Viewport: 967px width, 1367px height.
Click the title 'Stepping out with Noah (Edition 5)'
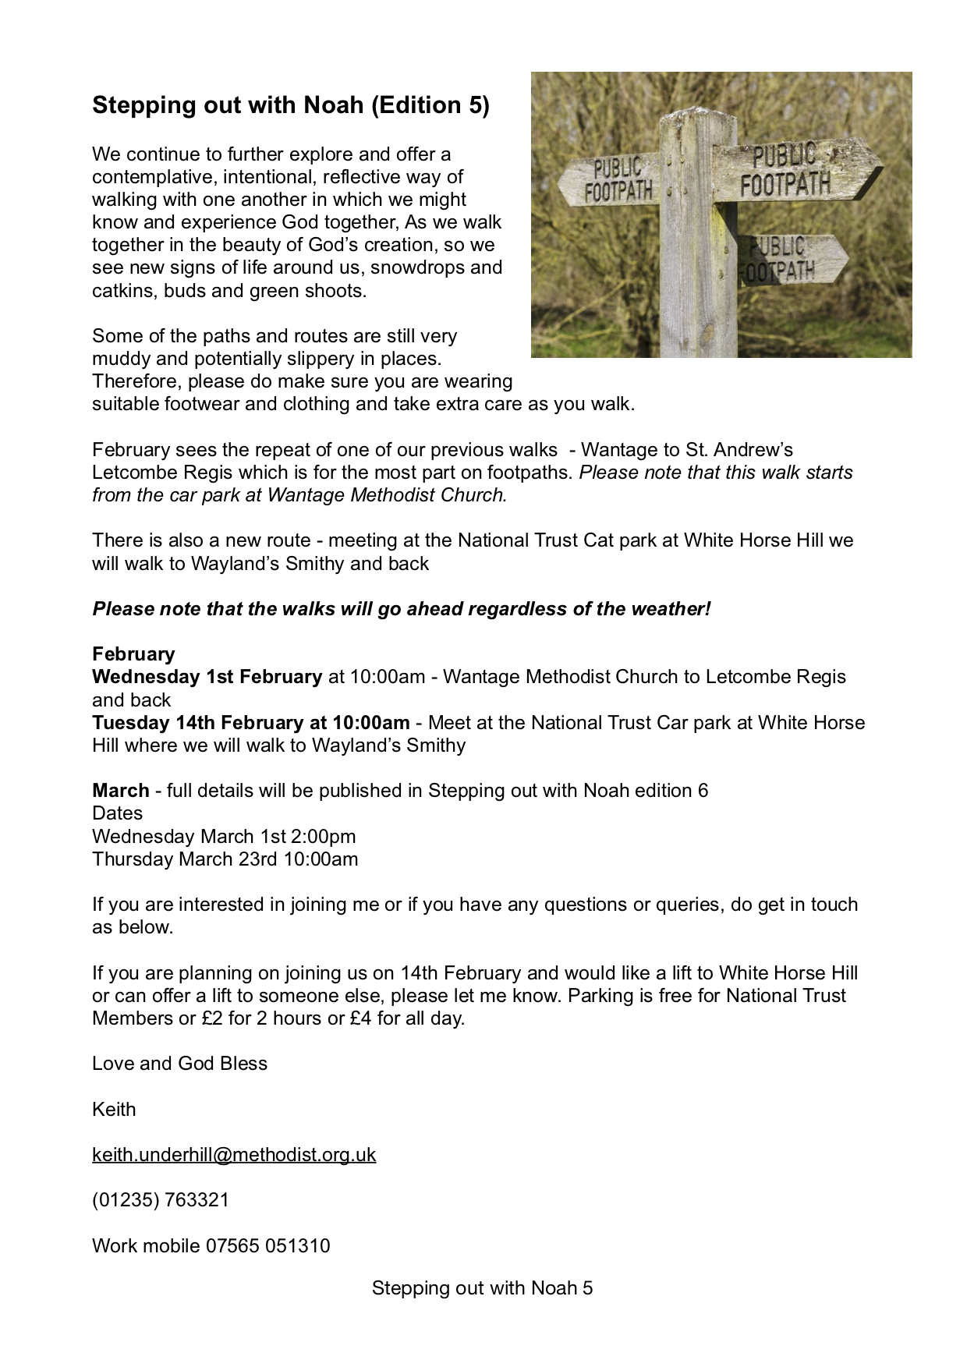(x=290, y=105)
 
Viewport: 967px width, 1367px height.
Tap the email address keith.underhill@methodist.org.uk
(x=234, y=1154)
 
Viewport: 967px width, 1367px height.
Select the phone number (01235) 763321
(x=161, y=1199)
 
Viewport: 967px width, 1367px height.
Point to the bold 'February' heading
(x=133, y=653)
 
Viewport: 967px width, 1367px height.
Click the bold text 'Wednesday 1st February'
(x=207, y=676)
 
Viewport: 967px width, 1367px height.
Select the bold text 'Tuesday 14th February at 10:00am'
(x=250, y=722)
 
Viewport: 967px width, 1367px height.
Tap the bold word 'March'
(x=120, y=790)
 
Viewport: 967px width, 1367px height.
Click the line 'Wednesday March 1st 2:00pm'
(x=224, y=836)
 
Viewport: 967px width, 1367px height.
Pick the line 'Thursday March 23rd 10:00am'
(x=225, y=859)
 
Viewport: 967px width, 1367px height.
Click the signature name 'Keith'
(x=114, y=1109)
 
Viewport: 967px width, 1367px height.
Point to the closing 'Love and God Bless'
(x=179, y=1063)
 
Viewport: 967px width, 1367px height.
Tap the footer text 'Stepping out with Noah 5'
(x=482, y=1287)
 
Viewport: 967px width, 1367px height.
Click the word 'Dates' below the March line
(x=117, y=813)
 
